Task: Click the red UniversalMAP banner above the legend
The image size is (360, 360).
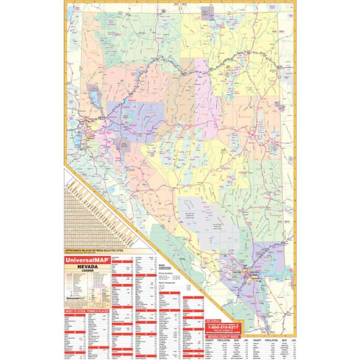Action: tap(85, 260)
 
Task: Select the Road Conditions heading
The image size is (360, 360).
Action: tap(164, 267)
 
